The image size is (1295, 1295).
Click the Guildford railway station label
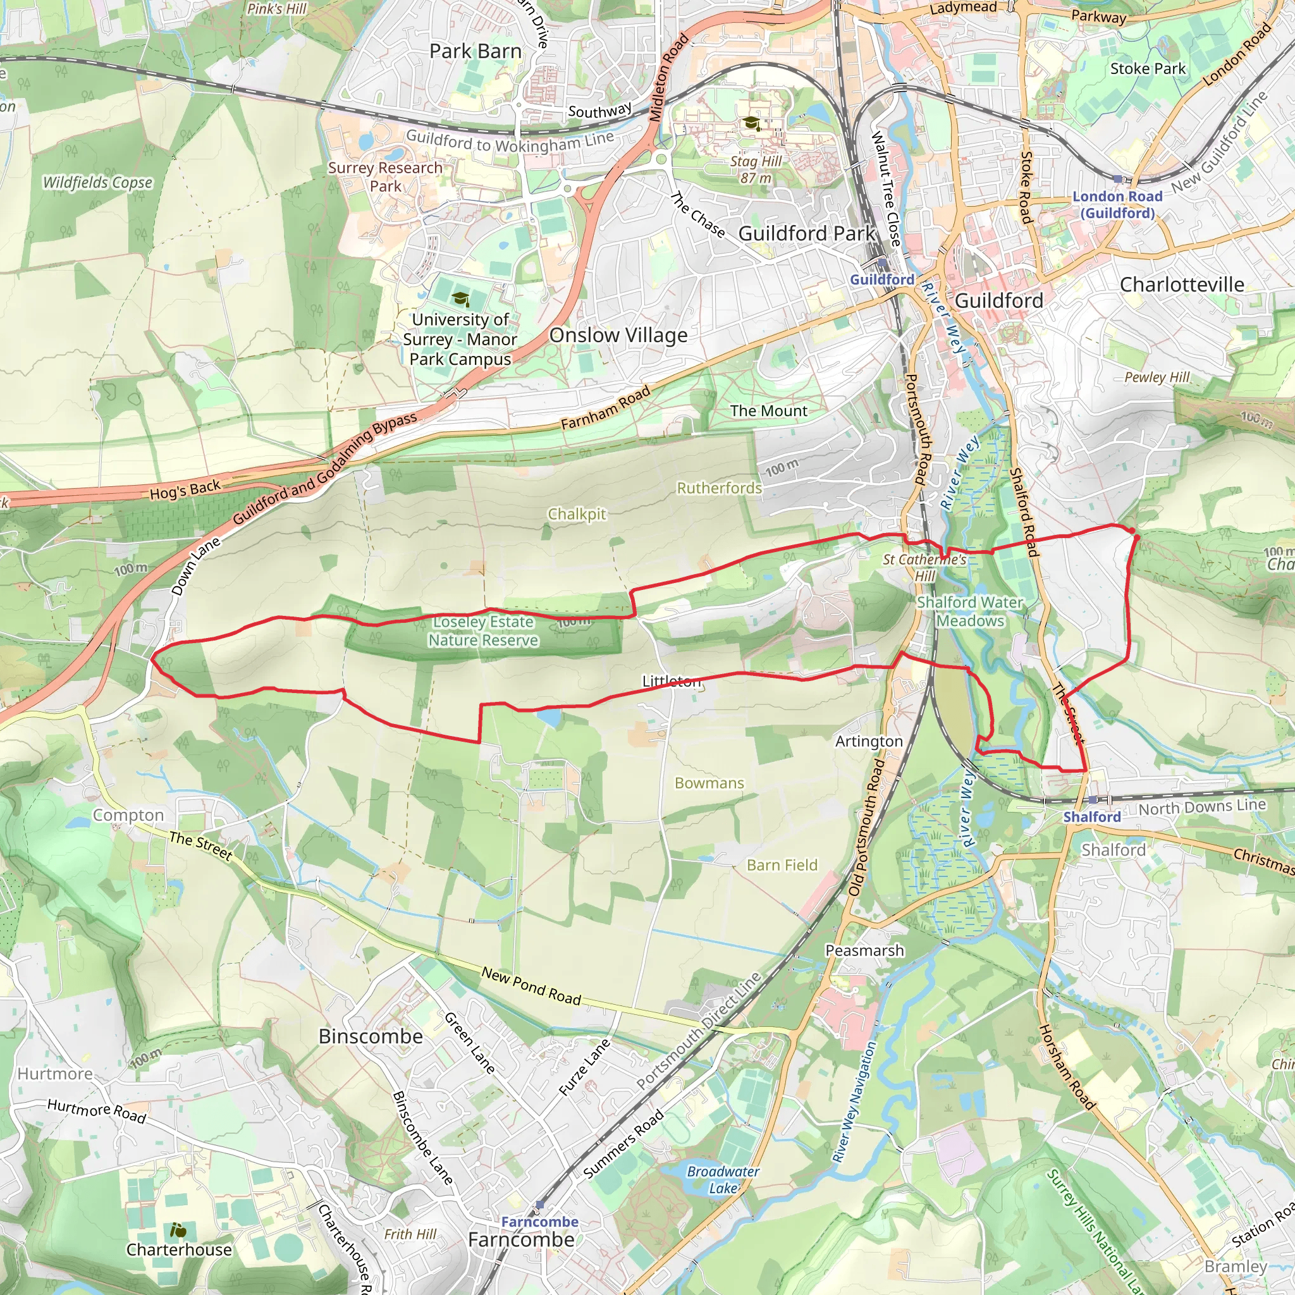pos(881,279)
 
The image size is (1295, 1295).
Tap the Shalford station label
pos(1091,816)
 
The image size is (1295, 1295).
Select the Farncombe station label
pos(539,1221)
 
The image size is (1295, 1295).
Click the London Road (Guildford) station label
pos(1117,204)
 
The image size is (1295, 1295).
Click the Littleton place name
pos(671,681)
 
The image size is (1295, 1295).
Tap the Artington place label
pos(869,741)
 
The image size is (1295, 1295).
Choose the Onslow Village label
pos(618,335)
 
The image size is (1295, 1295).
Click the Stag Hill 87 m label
pos(756,169)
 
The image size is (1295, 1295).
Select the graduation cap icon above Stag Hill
pos(751,123)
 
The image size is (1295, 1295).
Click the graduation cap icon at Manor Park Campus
pos(460,299)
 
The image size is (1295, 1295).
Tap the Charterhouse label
pos(179,1249)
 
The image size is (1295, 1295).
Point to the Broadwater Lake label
pos(723,1180)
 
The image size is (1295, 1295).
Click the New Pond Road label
pos(531,986)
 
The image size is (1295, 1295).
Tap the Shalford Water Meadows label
pos(969,611)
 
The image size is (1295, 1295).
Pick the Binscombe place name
pos(371,1036)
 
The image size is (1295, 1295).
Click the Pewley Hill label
pos(1157,377)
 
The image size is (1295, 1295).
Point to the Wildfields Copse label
pos(98,182)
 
